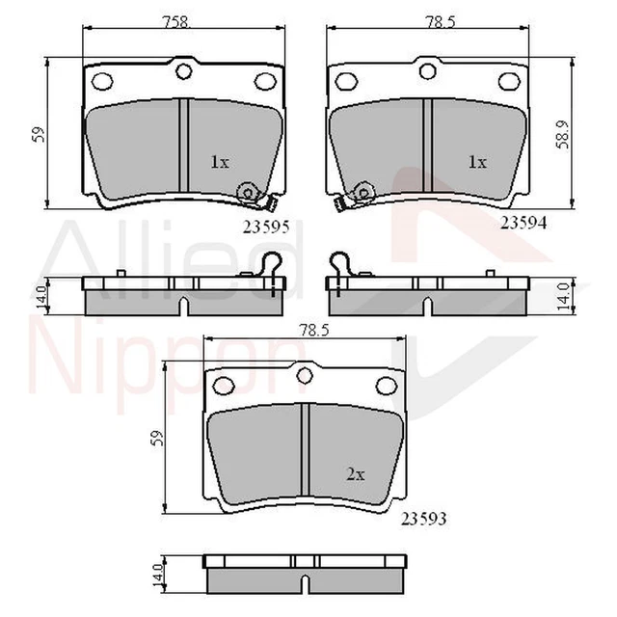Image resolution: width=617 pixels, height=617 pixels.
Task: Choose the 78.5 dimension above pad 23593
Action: [307, 329]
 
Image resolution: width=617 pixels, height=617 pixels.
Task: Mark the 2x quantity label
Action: [356, 473]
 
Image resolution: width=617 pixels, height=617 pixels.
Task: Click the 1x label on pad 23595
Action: [220, 163]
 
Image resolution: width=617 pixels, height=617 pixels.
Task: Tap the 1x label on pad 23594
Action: [475, 163]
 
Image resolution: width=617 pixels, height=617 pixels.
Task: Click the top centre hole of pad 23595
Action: [181, 70]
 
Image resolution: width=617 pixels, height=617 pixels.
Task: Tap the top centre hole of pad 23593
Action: [305, 375]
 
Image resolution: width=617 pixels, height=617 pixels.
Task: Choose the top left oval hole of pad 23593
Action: [223, 387]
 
